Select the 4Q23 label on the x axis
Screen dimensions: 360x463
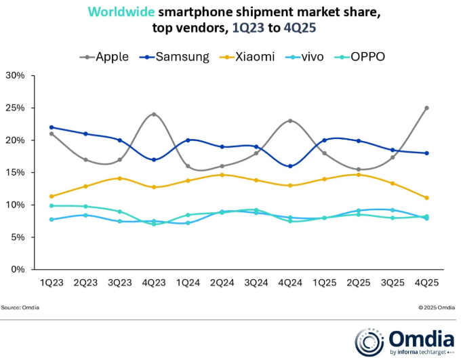[155, 282]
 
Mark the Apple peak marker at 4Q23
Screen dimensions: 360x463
[155, 114]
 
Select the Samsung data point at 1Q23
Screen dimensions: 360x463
[52, 127]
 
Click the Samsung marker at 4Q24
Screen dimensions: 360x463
[290, 166]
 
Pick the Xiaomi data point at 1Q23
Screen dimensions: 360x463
[52, 197]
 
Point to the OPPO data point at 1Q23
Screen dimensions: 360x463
[52, 205]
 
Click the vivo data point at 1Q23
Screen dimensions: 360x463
[52, 219]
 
